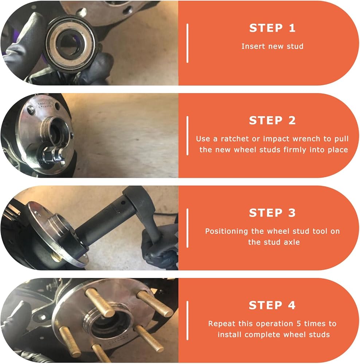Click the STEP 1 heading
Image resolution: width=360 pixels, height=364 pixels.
point(272,28)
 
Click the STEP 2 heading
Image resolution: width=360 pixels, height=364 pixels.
point(272,120)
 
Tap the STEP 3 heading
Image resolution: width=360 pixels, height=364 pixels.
point(272,213)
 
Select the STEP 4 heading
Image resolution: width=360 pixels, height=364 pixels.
point(272,305)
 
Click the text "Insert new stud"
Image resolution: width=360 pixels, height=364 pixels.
point(273,46)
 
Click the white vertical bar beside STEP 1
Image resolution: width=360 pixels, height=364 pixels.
point(187,43)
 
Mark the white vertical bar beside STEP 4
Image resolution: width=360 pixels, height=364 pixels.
point(187,321)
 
